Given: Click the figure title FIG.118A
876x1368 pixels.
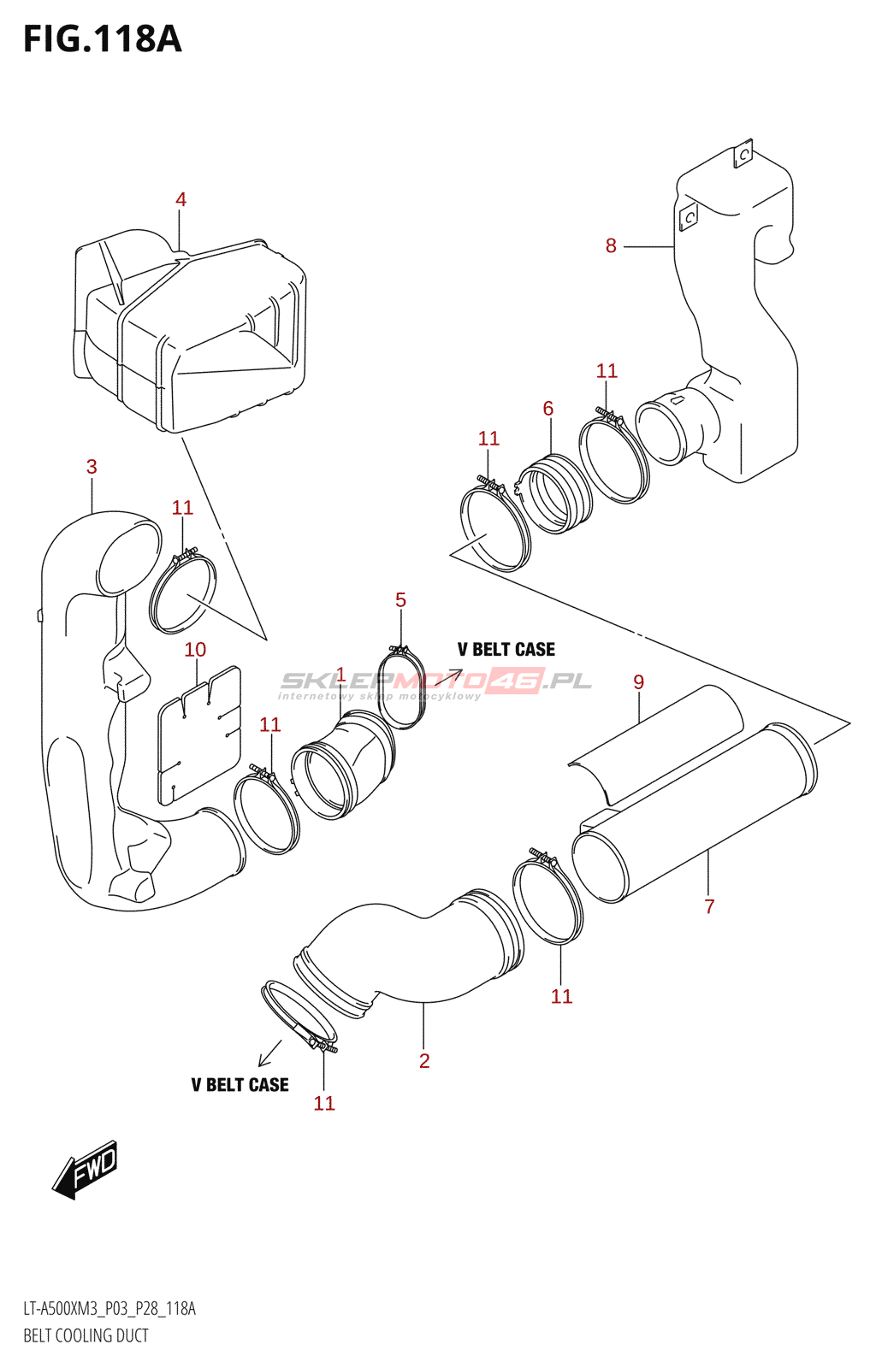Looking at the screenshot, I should pos(103,39).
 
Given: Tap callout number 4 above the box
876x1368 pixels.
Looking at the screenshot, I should pos(181,199).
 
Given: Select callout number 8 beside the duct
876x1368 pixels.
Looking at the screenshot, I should pos(611,246).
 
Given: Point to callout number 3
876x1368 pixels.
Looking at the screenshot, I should pos(92,467).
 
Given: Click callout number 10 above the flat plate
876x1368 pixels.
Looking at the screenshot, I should pos(195,650).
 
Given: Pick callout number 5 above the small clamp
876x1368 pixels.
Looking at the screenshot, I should pos(400,600).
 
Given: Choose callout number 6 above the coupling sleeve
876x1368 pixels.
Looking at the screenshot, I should pos(548,409).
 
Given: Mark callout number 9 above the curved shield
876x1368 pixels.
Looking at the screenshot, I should pos(638,682).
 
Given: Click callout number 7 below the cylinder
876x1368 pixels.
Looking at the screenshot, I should pos(709,906).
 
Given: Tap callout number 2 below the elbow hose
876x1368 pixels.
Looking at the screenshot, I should pos(424,1061).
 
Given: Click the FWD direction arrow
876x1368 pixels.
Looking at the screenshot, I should pos(86,1169).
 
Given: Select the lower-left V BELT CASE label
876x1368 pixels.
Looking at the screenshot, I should pos(240,1085).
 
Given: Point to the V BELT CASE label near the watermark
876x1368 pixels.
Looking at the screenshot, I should pos(506,650).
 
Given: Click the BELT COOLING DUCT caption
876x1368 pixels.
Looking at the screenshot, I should pos(86,1336).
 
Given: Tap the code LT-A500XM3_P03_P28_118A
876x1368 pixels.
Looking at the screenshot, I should pos(109,1309).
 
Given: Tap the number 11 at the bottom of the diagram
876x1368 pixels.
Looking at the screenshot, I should pos(324,1104).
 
